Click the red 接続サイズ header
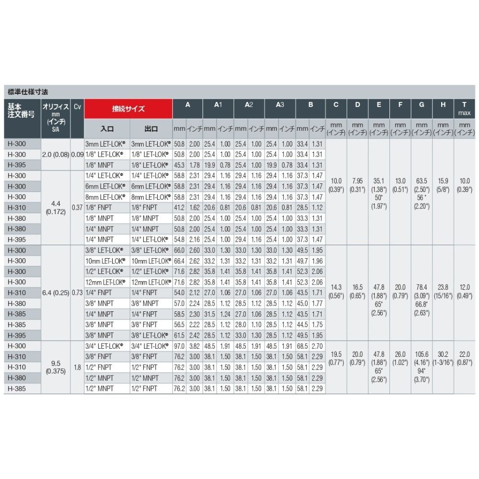click(128, 109)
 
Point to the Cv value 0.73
click(77, 292)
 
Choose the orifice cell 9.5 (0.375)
click(56, 363)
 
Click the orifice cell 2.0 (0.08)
click(56, 154)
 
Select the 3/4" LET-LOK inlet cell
click(107, 346)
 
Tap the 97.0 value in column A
click(179, 346)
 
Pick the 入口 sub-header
click(107, 129)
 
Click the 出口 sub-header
click(150, 129)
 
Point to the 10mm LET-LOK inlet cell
click(107, 260)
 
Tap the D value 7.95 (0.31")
click(357, 185)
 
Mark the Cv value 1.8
click(77, 367)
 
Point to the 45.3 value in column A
click(179, 165)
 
